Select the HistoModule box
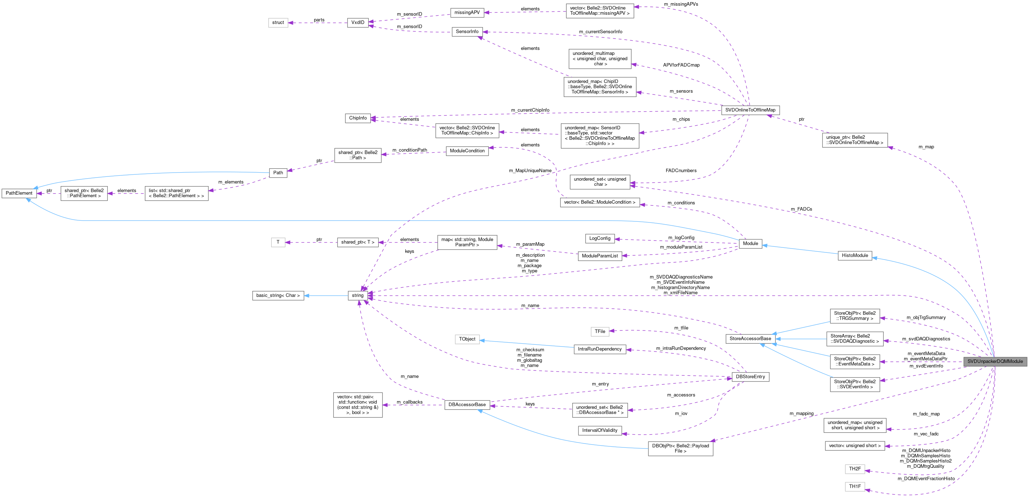[855, 256]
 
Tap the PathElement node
[19, 193]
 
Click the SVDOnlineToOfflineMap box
[750, 110]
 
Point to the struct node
[278, 23]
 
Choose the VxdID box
[358, 23]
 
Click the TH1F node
[855, 487]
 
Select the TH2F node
[855, 469]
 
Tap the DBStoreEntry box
[750, 377]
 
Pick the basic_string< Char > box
[278, 296]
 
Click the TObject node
[467, 339]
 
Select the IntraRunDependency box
[599, 349]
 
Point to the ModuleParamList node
[599, 256]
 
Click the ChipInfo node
[358, 118]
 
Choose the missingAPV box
[467, 13]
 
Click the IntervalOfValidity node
[599, 431]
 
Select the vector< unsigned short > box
[855, 446]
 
